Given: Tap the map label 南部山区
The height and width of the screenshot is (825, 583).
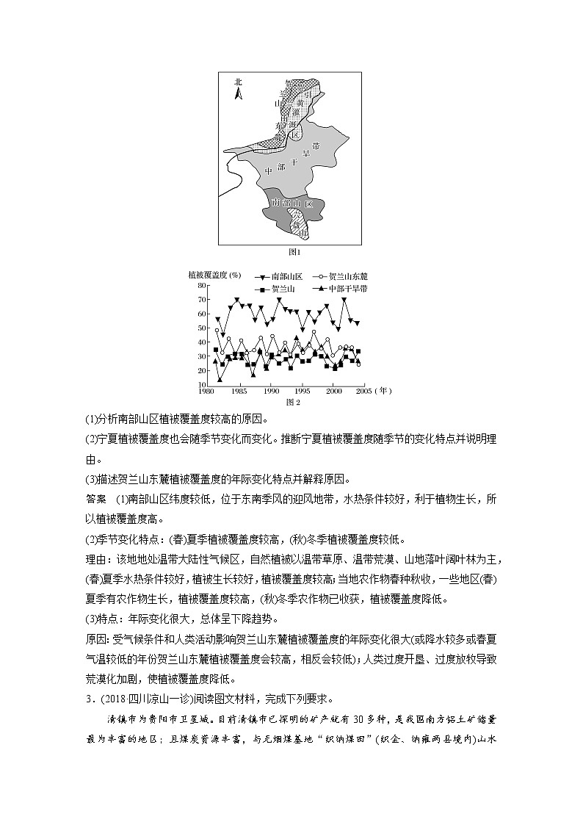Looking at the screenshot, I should [x=292, y=202].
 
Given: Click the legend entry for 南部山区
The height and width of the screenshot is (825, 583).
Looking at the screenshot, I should [x=277, y=276].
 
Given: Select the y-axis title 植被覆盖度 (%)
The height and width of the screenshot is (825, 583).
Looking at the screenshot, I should [x=214, y=275].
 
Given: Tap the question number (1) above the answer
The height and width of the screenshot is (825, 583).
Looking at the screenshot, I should [x=91, y=419].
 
